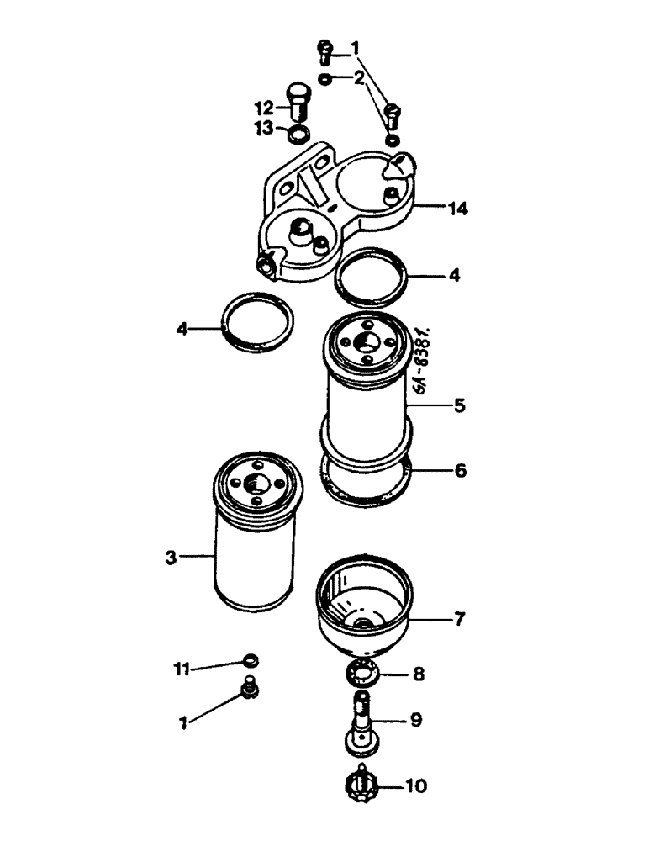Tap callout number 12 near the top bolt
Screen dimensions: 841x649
tap(263, 107)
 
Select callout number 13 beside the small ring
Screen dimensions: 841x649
tap(264, 128)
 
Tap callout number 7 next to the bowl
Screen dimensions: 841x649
tap(460, 621)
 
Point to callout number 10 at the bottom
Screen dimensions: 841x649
tap(417, 787)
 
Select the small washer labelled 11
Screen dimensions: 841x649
tap(250, 659)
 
